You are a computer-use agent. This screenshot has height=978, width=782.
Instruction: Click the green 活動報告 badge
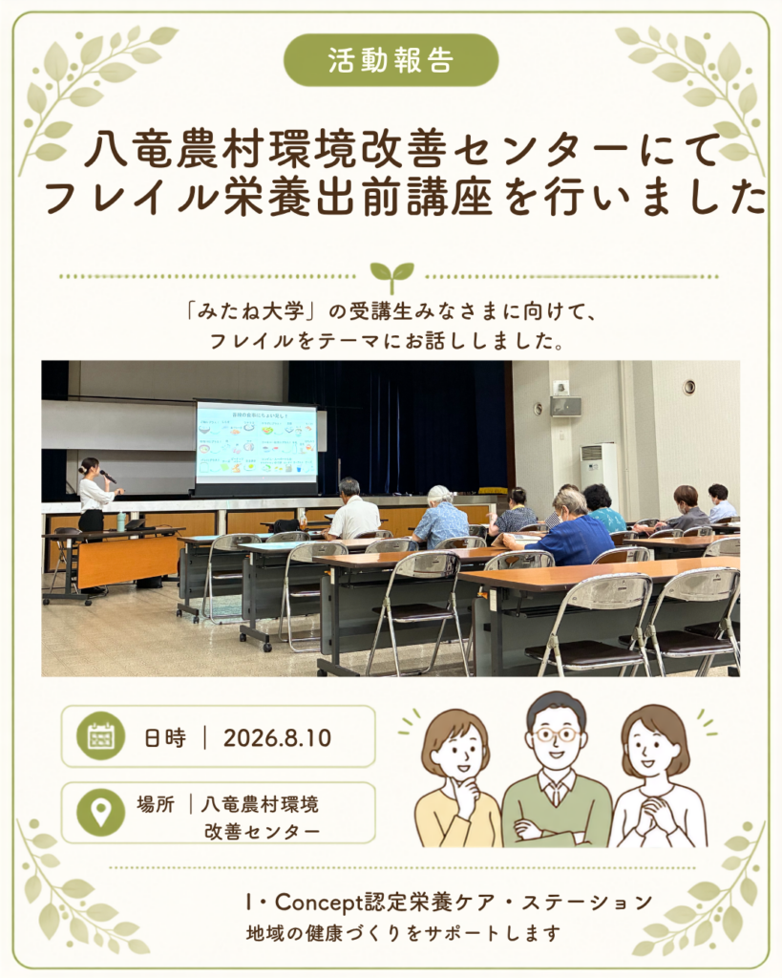(x=391, y=60)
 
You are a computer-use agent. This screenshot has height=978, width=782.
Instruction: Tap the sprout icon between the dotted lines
(x=391, y=277)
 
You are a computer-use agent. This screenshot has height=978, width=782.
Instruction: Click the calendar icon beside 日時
(x=101, y=736)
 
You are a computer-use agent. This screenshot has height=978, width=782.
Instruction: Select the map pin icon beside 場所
(x=101, y=812)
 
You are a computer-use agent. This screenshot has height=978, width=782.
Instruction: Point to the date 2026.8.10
(x=277, y=738)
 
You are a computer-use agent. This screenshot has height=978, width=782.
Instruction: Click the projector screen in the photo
(x=256, y=445)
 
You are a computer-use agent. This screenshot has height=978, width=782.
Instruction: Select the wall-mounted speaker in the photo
(x=565, y=405)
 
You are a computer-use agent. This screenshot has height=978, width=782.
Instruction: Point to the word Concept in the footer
(x=319, y=902)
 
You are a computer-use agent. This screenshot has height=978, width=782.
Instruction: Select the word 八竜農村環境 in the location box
(x=260, y=804)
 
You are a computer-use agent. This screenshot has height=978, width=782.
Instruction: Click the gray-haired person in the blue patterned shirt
(x=441, y=518)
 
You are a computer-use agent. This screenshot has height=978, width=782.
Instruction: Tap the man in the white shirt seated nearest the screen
(x=352, y=510)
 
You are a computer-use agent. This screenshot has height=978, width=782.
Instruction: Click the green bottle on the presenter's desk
(x=119, y=521)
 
